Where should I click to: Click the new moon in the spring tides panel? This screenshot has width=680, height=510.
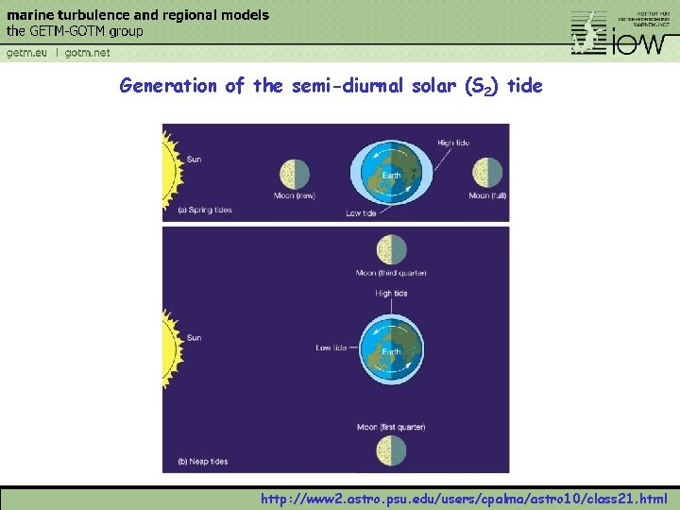(x=295, y=174)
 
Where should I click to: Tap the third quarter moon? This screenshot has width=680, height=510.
(x=391, y=250)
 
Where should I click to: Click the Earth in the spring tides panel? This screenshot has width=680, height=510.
(x=390, y=175)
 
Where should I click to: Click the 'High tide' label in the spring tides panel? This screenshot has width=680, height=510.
(x=452, y=143)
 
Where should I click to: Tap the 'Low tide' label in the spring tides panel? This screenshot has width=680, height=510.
(x=361, y=213)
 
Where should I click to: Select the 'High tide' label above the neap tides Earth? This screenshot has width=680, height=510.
(x=391, y=294)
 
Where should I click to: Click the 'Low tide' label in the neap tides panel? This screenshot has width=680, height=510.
(x=331, y=348)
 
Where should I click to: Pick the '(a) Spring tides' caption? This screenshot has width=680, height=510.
(x=205, y=210)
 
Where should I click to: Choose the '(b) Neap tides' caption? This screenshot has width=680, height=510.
(x=204, y=462)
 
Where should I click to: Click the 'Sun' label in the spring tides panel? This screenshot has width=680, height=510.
(x=194, y=160)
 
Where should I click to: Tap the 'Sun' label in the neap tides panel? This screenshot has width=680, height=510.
(x=194, y=337)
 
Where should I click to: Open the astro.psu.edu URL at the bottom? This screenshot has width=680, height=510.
(x=464, y=499)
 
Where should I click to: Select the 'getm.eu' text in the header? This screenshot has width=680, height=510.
(x=26, y=53)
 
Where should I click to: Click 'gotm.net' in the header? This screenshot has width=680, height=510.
(x=87, y=53)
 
